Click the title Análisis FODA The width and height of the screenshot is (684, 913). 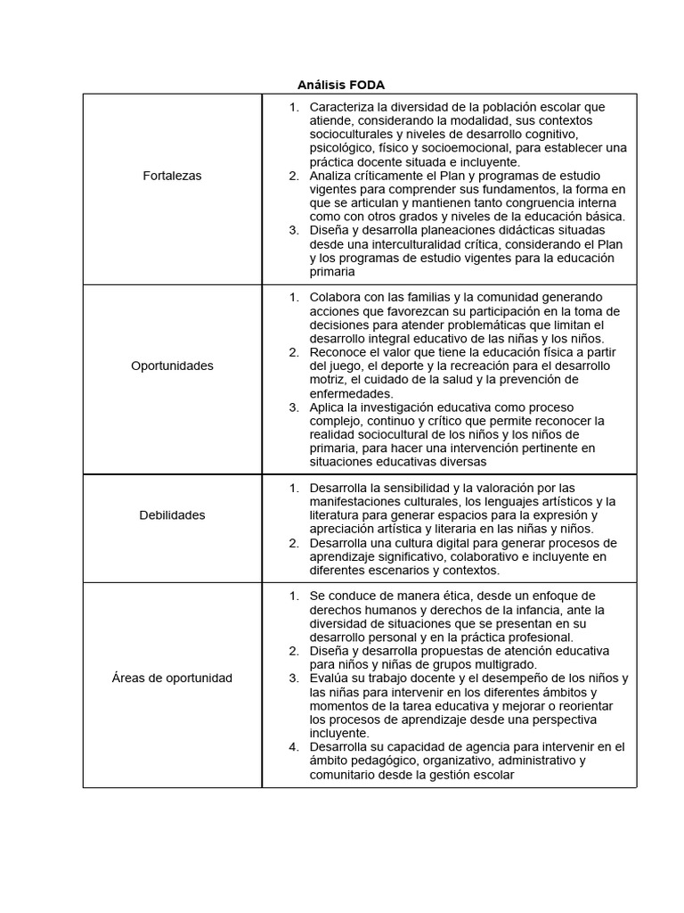pyautogui.click(x=341, y=86)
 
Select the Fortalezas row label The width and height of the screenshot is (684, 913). pyautogui.click(x=172, y=176)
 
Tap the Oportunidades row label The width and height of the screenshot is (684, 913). pyautogui.click(x=172, y=366)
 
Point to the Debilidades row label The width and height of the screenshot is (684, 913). pyautogui.click(x=172, y=514)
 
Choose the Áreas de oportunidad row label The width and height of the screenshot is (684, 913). pyautogui.click(x=172, y=678)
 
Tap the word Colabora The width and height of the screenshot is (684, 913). pyautogui.click(x=334, y=297)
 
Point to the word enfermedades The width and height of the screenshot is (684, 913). pyautogui.click(x=351, y=393)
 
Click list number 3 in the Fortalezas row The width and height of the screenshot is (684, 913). pyautogui.click(x=293, y=230)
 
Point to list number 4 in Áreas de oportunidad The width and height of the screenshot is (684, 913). pyautogui.click(x=293, y=746)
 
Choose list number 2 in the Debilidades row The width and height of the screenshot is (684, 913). pyautogui.click(x=293, y=543)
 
